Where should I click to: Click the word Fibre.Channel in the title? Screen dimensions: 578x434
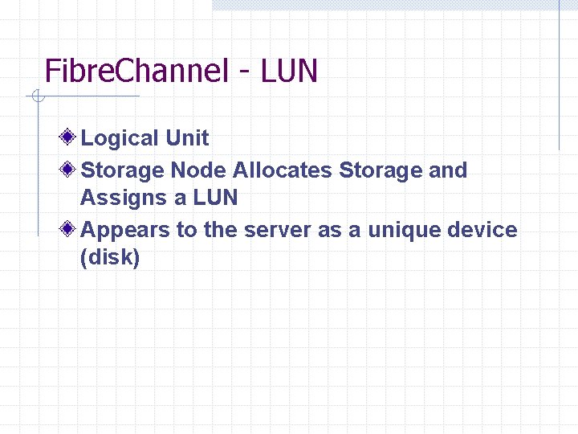[136, 71]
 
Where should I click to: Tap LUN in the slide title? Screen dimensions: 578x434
[287, 71]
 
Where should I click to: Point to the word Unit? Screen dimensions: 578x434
[187, 138]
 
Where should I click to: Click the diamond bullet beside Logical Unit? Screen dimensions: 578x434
[71, 137]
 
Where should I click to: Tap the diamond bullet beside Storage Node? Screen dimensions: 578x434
[71, 170]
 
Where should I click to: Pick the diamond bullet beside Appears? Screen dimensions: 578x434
[71, 229]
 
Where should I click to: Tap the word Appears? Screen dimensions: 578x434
[126, 231]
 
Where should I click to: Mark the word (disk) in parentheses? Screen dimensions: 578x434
[111, 258]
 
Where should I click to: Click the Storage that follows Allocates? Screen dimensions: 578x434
[381, 170]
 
